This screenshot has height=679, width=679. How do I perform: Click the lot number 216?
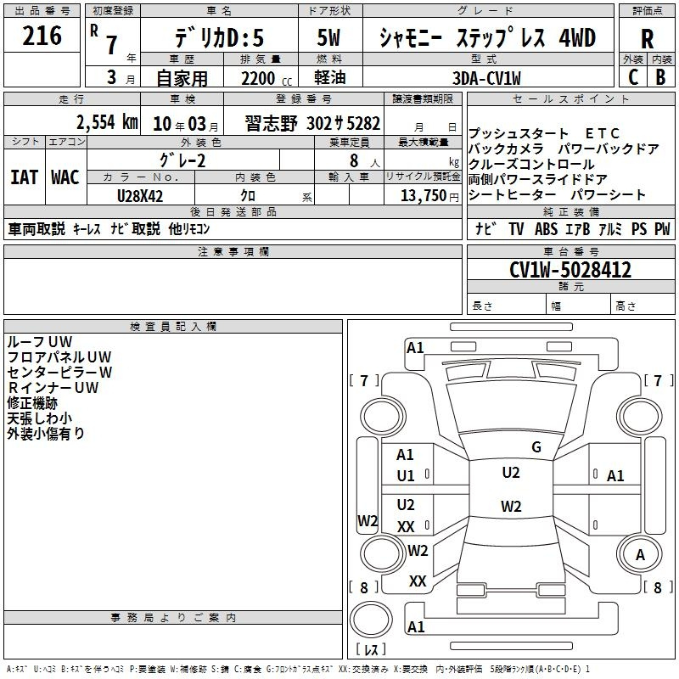point(42,36)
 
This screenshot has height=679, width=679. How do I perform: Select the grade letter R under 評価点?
point(648,38)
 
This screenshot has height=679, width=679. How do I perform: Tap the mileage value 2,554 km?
point(106,121)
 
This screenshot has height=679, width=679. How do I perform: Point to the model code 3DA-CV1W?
point(487,77)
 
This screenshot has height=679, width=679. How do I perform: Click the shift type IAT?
point(24,177)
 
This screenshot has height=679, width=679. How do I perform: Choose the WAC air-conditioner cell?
point(65,177)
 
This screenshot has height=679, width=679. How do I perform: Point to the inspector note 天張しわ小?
point(39,418)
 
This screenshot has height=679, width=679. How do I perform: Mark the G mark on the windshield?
point(536,446)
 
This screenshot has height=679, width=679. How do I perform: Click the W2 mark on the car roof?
point(511,507)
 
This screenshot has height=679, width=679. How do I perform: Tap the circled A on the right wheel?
point(641,555)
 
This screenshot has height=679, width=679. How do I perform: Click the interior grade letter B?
point(660,76)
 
